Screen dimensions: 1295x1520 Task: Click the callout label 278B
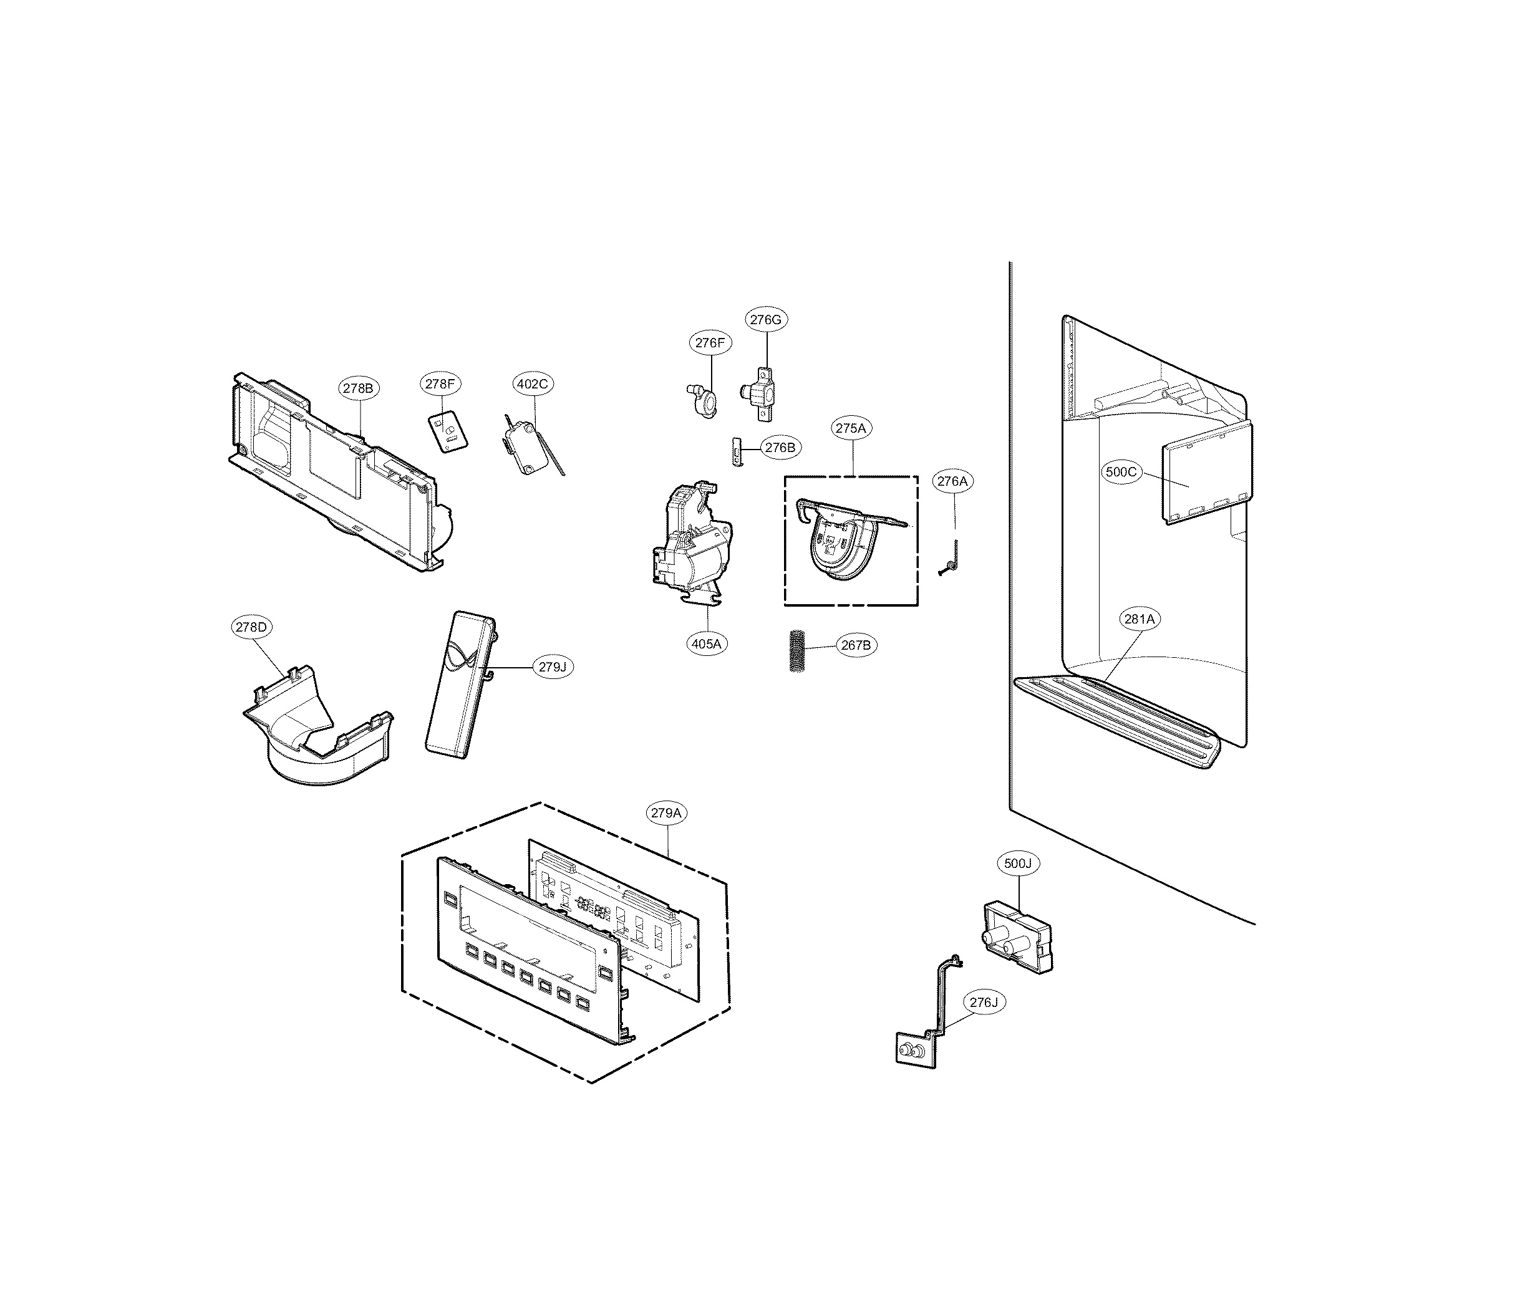tap(359, 388)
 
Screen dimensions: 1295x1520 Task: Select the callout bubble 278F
tap(442, 383)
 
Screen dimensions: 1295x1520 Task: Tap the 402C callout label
tap(533, 383)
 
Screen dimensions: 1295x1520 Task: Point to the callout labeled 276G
tap(767, 319)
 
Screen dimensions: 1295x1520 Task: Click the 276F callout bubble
tap(710, 342)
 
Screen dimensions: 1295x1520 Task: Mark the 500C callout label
tap(1121, 471)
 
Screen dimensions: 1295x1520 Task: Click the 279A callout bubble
tap(667, 812)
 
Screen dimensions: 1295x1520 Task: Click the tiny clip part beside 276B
tap(736, 451)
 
